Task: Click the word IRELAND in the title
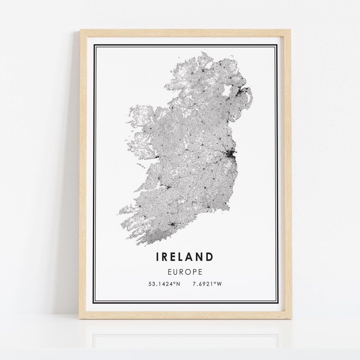pyautogui.click(x=185, y=257)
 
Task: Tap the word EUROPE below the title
pyautogui.click(x=185, y=272)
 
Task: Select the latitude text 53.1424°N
pyautogui.click(x=164, y=284)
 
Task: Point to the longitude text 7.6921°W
pyautogui.click(x=207, y=284)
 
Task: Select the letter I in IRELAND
pyautogui.click(x=157, y=257)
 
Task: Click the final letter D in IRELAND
pyautogui.click(x=209, y=257)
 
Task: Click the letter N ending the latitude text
pyautogui.click(x=178, y=284)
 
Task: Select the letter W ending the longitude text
pyautogui.click(x=219, y=284)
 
